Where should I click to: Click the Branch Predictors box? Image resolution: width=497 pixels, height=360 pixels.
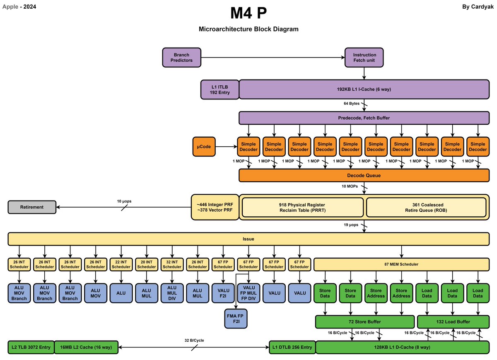[x=181, y=58]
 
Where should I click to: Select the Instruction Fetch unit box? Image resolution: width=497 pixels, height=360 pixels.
[x=364, y=58]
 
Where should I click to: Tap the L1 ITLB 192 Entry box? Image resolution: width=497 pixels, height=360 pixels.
[x=220, y=89]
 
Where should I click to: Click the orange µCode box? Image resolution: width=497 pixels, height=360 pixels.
[x=204, y=147]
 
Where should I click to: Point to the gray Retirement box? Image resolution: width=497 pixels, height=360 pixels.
[x=32, y=207]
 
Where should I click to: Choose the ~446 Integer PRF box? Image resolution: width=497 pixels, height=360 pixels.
[x=215, y=207]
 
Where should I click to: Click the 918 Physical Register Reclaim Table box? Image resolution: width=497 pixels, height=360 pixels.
[x=302, y=207]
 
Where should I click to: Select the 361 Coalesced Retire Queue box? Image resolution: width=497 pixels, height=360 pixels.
[x=426, y=207]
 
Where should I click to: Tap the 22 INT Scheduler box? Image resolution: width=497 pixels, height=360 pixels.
[x=121, y=264]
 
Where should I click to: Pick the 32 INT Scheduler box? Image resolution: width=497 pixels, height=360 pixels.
[x=172, y=264]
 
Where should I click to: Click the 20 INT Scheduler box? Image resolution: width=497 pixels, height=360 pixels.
[x=147, y=264]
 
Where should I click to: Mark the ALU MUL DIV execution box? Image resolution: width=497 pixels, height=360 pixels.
[x=172, y=293]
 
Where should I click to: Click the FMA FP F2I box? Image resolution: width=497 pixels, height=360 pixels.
[x=236, y=319]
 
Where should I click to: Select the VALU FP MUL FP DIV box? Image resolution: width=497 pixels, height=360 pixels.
[x=248, y=293]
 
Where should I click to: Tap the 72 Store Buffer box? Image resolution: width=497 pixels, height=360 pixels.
[x=364, y=321]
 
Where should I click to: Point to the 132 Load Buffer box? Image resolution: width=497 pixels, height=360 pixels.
[x=453, y=321]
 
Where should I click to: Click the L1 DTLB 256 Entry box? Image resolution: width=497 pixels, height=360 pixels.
[x=292, y=347]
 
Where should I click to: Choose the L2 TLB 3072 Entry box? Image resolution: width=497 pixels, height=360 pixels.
[x=31, y=347]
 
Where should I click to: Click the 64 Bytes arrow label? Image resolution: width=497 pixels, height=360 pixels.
[x=352, y=104]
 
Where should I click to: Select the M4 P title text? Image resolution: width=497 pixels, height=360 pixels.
[x=248, y=13]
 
